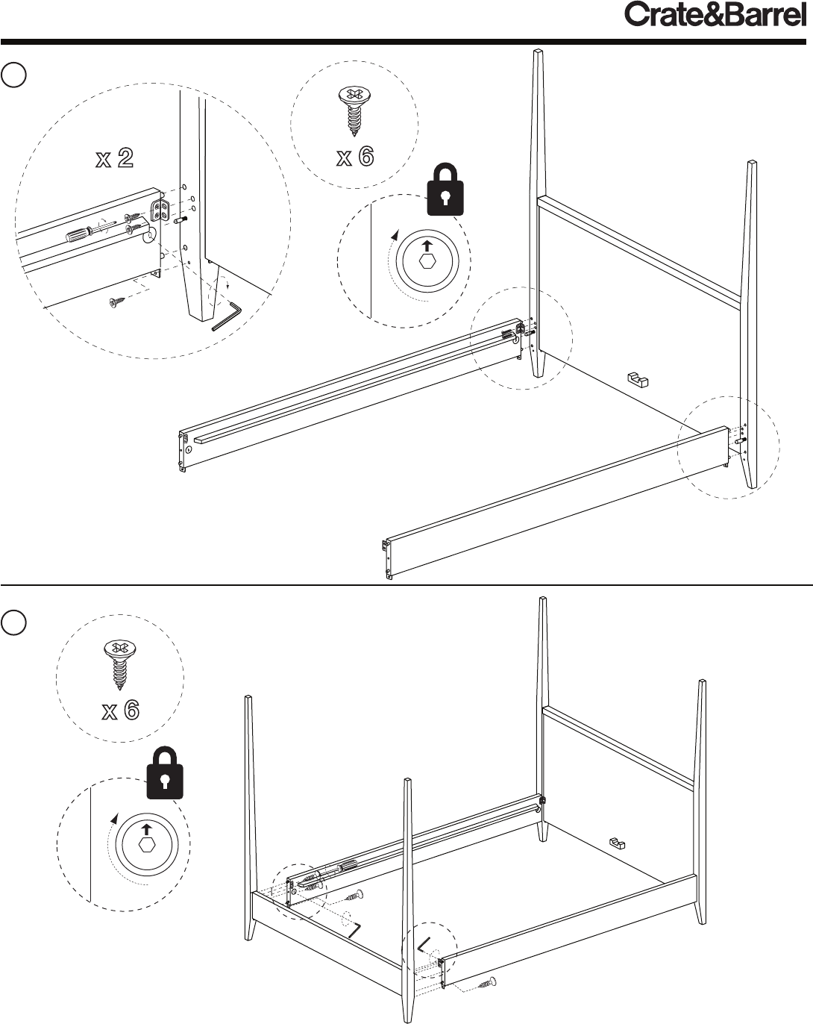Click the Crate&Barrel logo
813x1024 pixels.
pyautogui.click(x=715, y=15)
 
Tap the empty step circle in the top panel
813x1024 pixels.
pyautogui.click(x=13, y=75)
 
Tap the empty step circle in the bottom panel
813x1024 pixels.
pyautogui.click(x=13, y=622)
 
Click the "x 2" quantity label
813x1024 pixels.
pyautogui.click(x=114, y=158)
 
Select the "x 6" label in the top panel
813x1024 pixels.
pyautogui.click(x=355, y=156)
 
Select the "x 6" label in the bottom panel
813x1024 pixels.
pyautogui.click(x=120, y=710)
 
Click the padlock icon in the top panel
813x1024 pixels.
pyautogui.click(x=445, y=190)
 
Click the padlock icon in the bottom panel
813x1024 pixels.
pyautogui.click(x=165, y=772)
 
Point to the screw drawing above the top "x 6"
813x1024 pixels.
pyautogui.click(x=354, y=111)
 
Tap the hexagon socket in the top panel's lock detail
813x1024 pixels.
pyautogui.click(x=427, y=260)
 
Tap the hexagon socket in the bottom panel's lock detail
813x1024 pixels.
pyautogui.click(x=146, y=845)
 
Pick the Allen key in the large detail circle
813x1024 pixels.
pyautogui.click(x=227, y=315)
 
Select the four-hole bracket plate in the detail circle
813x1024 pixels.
pyautogui.click(x=160, y=210)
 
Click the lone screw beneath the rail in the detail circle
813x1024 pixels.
pyautogui.click(x=116, y=302)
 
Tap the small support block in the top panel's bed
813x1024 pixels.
pyautogui.click(x=638, y=379)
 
